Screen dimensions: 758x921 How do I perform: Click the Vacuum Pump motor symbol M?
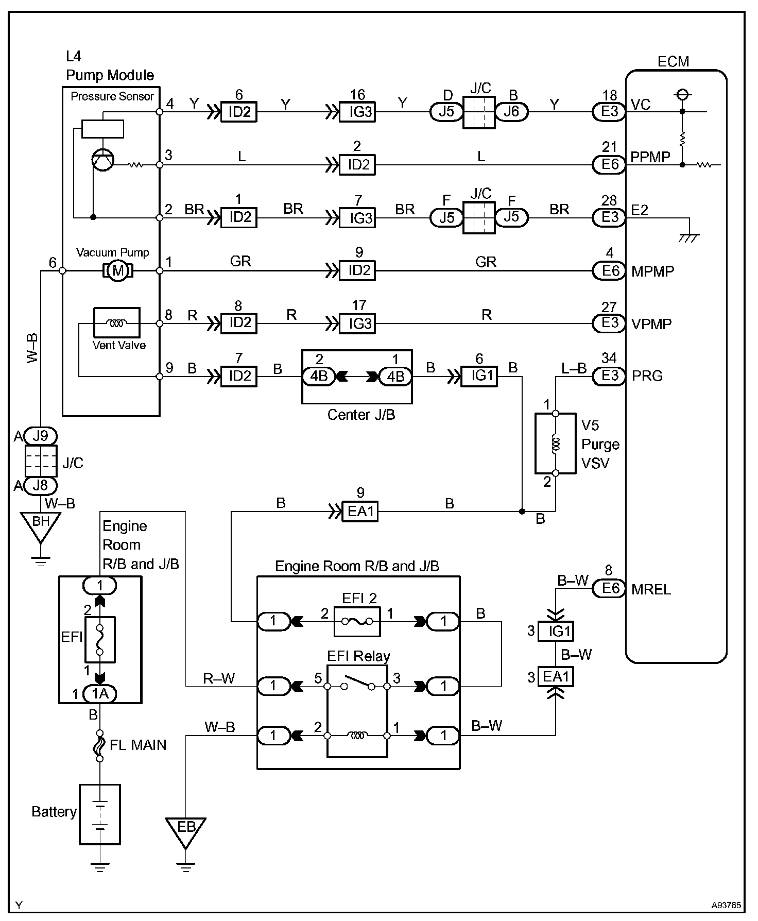point(118,270)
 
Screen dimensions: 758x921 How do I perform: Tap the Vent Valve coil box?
point(116,323)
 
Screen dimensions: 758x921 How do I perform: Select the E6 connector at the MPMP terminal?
point(609,270)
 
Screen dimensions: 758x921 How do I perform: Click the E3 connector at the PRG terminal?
point(609,376)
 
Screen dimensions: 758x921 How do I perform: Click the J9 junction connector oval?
point(40,436)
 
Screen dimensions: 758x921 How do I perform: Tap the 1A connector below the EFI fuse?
point(100,694)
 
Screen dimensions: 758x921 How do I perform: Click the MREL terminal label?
point(651,589)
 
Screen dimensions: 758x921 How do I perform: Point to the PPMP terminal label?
point(651,157)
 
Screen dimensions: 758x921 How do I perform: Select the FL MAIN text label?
point(139,745)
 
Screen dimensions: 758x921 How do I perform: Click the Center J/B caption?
point(361,415)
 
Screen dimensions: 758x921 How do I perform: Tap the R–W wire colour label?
point(219,679)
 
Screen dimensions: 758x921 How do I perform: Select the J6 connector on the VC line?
point(512,112)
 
